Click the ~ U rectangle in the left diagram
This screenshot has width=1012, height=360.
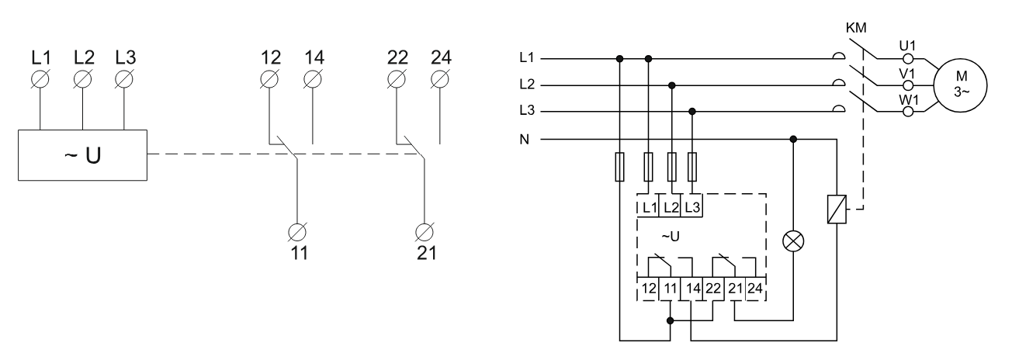coord(81,154)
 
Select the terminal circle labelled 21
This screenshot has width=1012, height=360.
coord(425,230)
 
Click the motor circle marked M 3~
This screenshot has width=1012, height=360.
coord(962,84)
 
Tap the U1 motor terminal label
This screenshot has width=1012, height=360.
coord(906,45)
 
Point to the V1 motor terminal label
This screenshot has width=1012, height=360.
coord(906,72)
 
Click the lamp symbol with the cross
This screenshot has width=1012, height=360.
coord(792,241)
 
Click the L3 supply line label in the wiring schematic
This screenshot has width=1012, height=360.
coord(528,112)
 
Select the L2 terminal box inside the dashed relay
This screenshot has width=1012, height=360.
coord(672,208)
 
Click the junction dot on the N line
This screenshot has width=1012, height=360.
coord(792,140)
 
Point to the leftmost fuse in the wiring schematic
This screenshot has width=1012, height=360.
coord(619,168)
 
